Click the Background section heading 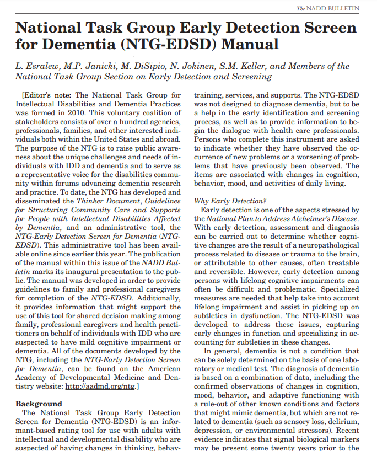[x=38, y=404]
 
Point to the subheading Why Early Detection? [x=230, y=201]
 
